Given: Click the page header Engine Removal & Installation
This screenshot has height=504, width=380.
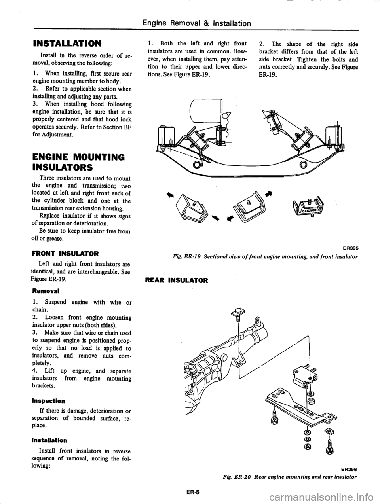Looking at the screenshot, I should tap(203, 23).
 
